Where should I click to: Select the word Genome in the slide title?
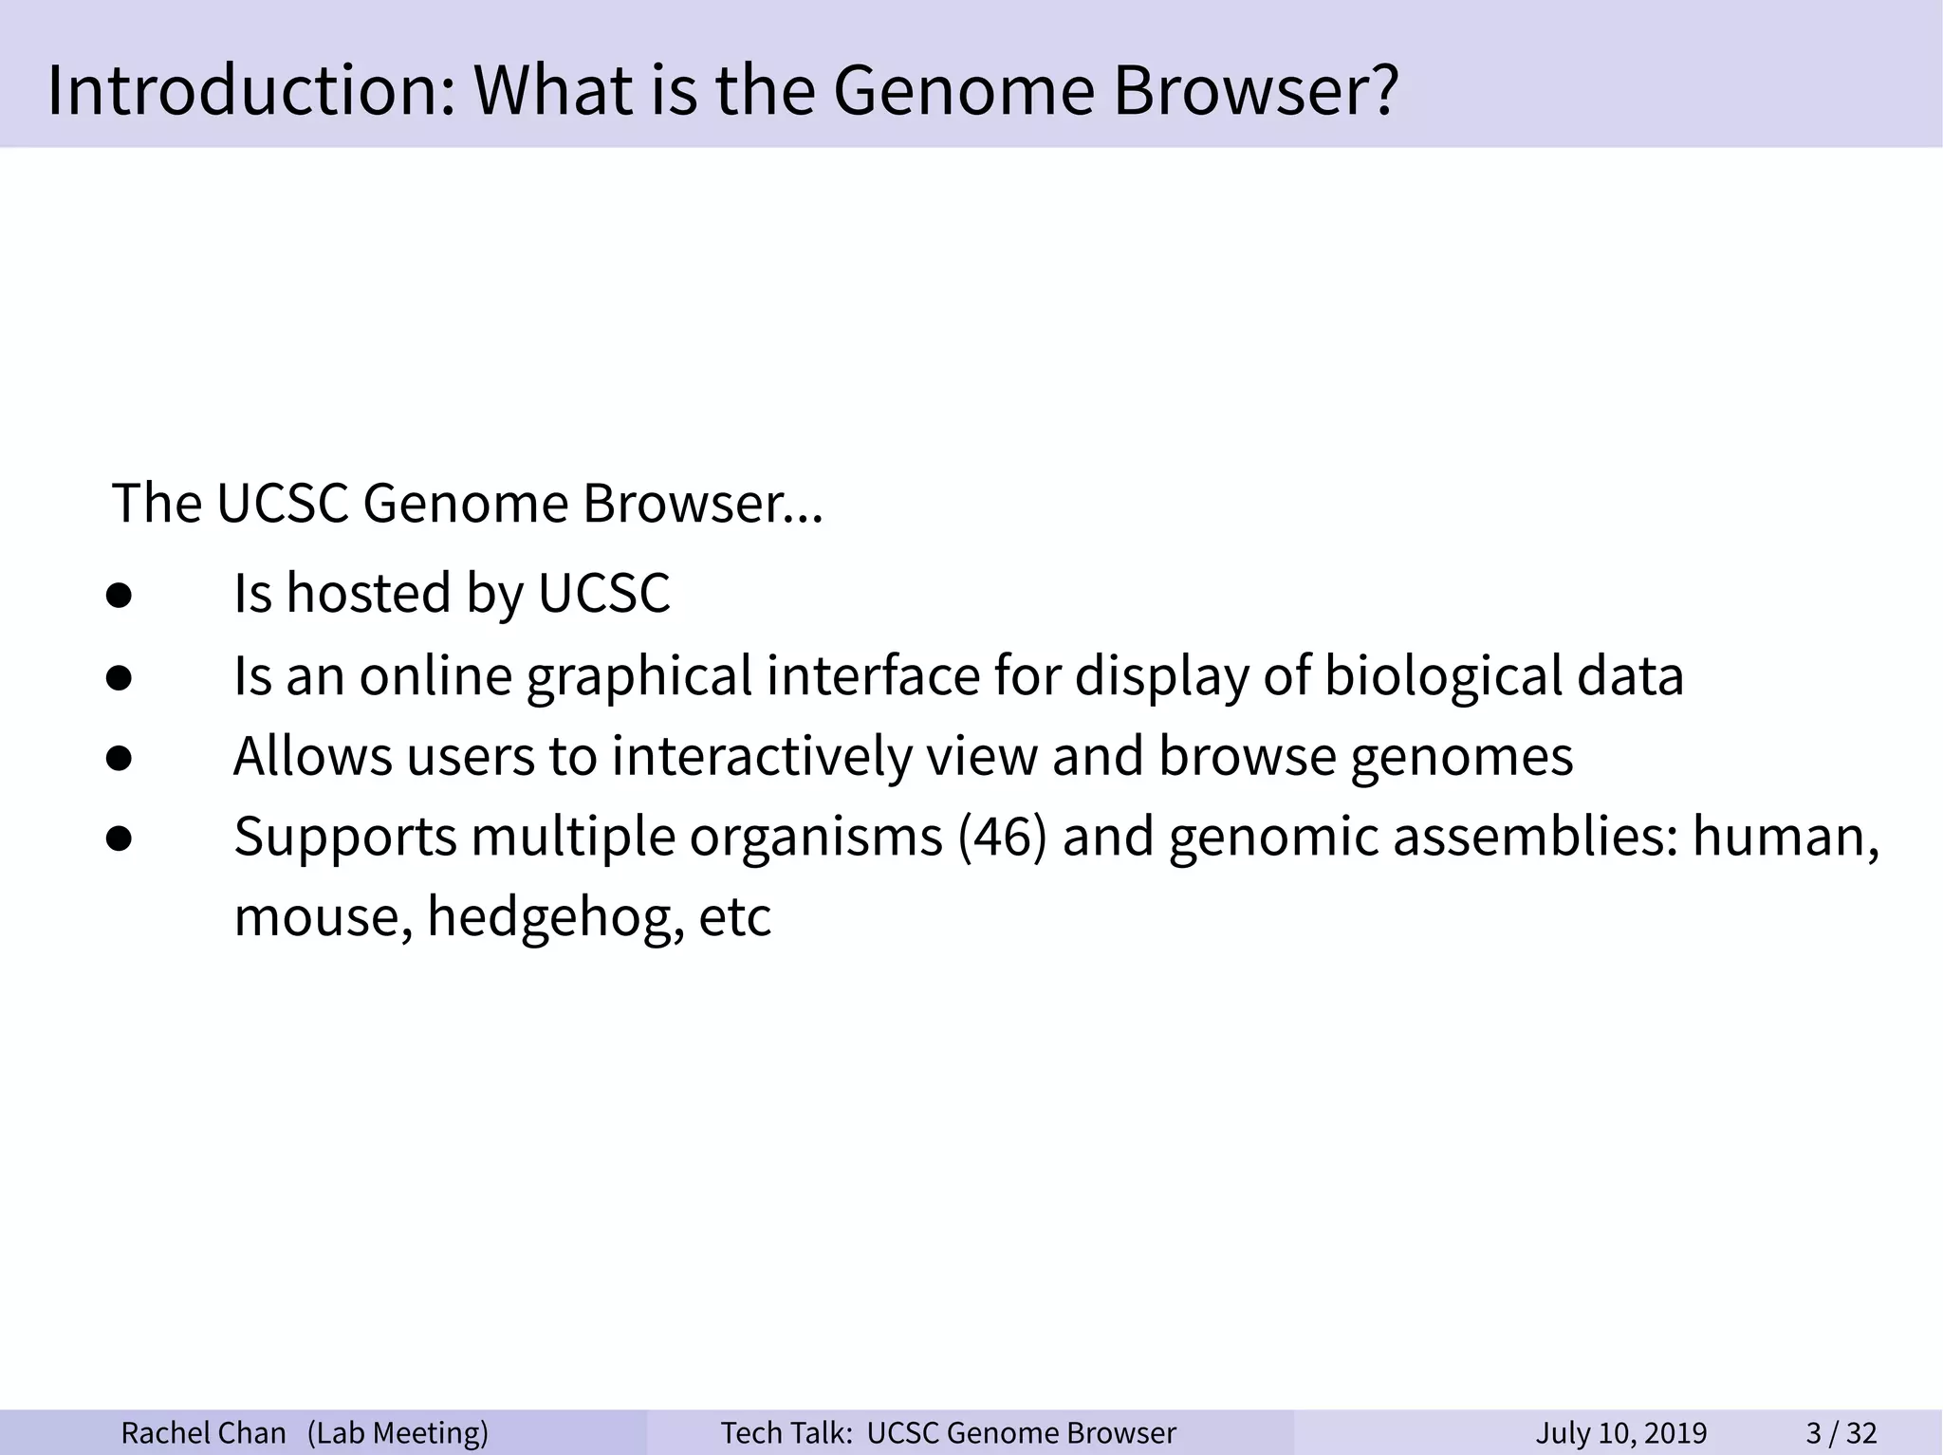pyautogui.click(x=963, y=90)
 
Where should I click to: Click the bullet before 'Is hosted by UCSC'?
pyautogui.click(x=119, y=596)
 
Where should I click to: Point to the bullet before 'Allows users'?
pyautogui.click(x=119, y=759)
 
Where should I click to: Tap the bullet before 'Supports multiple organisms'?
pyautogui.click(x=119, y=839)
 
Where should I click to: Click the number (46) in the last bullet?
pyautogui.click(x=1002, y=838)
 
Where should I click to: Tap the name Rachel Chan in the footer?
pyautogui.click(x=203, y=1432)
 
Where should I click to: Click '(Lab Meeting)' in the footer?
pyautogui.click(x=398, y=1432)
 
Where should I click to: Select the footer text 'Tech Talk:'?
pyautogui.click(x=786, y=1432)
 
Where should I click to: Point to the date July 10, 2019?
pyautogui.click(x=1620, y=1432)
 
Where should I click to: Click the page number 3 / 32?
pyautogui.click(x=1841, y=1432)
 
